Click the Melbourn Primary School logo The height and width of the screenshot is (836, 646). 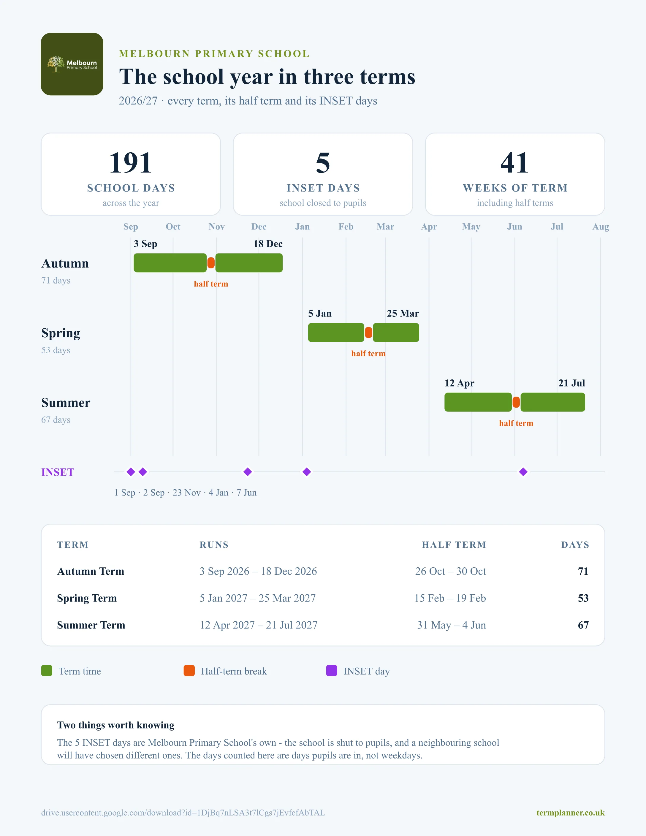pos(72,64)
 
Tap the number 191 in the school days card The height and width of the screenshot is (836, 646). pos(131,163)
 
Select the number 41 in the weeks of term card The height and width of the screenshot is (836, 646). pos(515,163)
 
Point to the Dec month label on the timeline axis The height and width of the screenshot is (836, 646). pos(259,227)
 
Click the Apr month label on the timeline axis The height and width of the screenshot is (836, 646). pos(429,227)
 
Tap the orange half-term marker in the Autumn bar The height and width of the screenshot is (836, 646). pos(211,263)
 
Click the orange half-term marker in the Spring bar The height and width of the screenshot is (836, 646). pos(368,332)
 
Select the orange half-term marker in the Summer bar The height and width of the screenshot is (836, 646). pos(516,402)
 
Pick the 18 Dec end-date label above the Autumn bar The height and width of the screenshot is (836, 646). pos(268,244)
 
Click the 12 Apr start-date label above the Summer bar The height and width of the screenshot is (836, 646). pos(459,383)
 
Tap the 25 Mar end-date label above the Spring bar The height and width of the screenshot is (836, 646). pos(403,313)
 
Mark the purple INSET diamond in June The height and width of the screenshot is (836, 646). pos(523,472)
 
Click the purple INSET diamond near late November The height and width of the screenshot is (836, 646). pos(248,472)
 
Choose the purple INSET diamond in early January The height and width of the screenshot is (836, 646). pos(307,472)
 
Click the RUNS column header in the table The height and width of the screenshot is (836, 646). pos(214,545)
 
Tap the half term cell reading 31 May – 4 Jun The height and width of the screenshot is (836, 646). pos(452,625)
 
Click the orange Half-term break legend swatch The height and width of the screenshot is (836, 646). pos(189,671)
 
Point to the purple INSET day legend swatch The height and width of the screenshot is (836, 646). pos(331,671)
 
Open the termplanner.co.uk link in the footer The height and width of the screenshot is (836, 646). pos(570,813)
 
